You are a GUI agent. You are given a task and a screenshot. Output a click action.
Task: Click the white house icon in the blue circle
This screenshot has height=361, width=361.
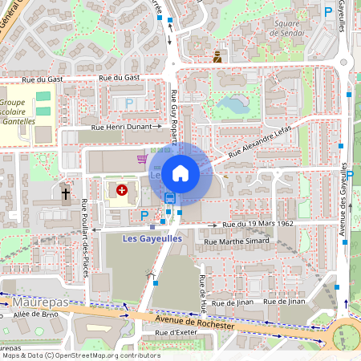(180, 172)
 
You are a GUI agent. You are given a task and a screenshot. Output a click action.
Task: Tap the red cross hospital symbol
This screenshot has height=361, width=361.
(122, 190)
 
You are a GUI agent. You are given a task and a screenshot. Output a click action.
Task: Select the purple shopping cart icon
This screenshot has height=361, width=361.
(142, 158)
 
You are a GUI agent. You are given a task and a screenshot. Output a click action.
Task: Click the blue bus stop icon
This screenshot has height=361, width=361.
(169, 197)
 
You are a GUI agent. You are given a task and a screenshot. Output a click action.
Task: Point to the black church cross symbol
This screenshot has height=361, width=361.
(66, 193)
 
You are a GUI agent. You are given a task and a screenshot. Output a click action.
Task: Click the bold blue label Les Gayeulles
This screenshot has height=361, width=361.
(152, 238)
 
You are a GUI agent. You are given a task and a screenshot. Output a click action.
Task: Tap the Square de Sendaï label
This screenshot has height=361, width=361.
(286, 28)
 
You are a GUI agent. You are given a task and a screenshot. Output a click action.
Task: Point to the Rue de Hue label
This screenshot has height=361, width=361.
(202, 293)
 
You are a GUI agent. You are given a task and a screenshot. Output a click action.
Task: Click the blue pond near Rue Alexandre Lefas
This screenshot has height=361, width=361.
(239, 103)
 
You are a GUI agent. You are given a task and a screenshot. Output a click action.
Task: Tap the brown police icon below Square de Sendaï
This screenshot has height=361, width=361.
(217, 57)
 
